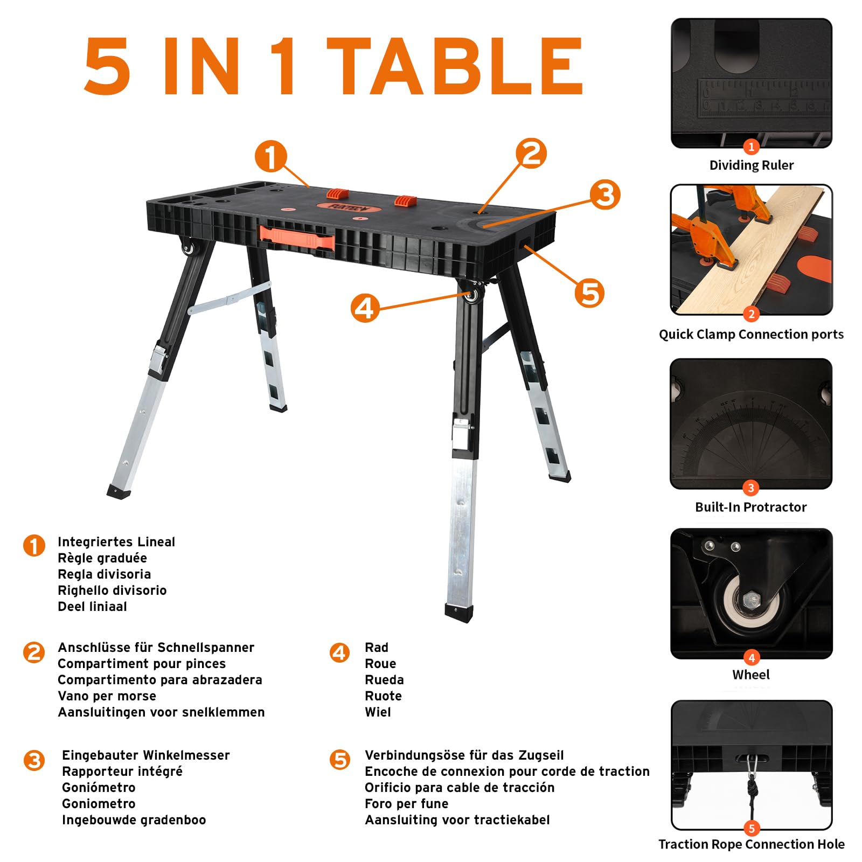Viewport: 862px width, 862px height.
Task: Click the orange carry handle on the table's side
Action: tap(297, 238)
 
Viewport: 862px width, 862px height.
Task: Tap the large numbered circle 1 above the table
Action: tap(270, 156)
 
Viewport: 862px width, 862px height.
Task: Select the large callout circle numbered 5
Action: tap(589, 293)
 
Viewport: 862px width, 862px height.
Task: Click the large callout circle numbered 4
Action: tap(365, 308)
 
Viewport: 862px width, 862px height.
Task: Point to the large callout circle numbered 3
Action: tap(605, 194)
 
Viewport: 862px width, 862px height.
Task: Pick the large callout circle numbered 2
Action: tap(531, 153)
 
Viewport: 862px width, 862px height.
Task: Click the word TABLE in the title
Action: tap(455, 67)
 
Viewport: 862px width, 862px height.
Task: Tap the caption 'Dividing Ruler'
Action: tap(751, 165)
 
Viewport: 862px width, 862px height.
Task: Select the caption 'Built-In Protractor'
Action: tap(750, 507)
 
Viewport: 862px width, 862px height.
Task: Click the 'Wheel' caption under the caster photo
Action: tap(751, 675)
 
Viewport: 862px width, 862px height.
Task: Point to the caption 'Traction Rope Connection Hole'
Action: tap(752, 844)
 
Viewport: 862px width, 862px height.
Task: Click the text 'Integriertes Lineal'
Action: tap(116, 542)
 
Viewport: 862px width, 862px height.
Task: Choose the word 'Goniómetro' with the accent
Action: tap(99, 788)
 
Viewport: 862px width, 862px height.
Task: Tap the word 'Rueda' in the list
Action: tap(384, 680)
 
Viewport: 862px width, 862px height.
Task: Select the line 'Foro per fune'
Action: tap(406, 804)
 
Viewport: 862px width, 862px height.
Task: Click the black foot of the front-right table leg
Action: tap(459, 614)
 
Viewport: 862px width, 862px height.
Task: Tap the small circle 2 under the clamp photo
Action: tap(751, 314)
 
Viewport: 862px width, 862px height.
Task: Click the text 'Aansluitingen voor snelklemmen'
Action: tap(161, 712)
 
